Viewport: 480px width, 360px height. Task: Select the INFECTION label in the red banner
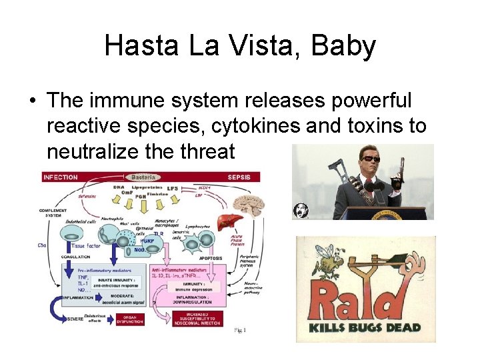61,177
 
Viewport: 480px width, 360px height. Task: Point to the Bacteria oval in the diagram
143,177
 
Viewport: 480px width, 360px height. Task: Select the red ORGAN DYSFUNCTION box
131,319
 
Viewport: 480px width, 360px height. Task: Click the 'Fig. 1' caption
240,330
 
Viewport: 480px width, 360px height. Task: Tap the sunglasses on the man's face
370,159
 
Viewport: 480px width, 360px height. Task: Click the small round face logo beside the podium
301,211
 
